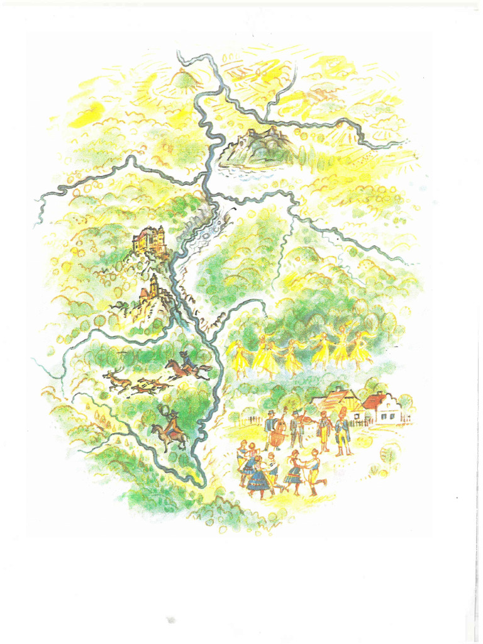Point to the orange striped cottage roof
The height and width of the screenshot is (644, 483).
(336, 398)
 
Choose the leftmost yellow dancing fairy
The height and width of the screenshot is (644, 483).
(240, 356)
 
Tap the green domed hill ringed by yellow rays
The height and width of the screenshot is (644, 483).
(182, 79)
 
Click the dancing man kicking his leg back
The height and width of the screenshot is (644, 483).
(314, 471)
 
